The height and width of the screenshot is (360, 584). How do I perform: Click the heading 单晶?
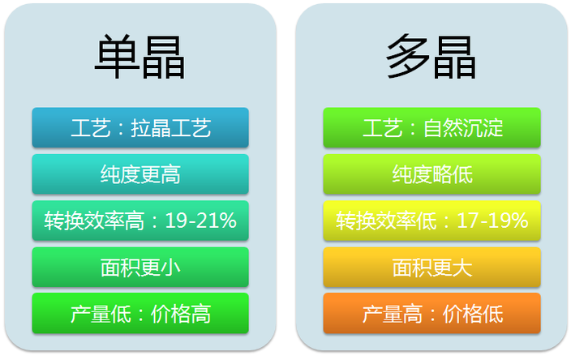tap(140, 59)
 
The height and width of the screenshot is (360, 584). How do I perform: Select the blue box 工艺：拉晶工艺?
tap(140, 127)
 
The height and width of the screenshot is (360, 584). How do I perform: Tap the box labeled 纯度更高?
tap(140, 174)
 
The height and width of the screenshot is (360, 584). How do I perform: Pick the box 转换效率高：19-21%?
tap(140, 221)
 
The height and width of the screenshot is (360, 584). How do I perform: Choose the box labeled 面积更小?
tap(140, 267)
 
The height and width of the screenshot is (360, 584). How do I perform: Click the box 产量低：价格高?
tap(140, 314)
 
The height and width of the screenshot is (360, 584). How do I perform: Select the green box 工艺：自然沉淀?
tap(432, 127)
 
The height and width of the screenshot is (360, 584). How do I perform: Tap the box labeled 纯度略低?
tap(432, 174)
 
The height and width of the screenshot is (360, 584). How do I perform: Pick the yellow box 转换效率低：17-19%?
tap(432, 221)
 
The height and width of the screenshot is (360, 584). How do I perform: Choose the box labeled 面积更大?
tap(432, 267)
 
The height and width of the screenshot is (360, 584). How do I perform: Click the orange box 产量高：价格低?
tap(432, 314)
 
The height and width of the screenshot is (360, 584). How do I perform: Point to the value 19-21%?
tap(200, 221)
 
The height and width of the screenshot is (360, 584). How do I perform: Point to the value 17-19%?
tap(492, 221)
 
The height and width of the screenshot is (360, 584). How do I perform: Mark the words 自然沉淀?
tap(463, 127)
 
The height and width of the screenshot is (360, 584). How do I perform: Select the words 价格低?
tap(473, 314)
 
